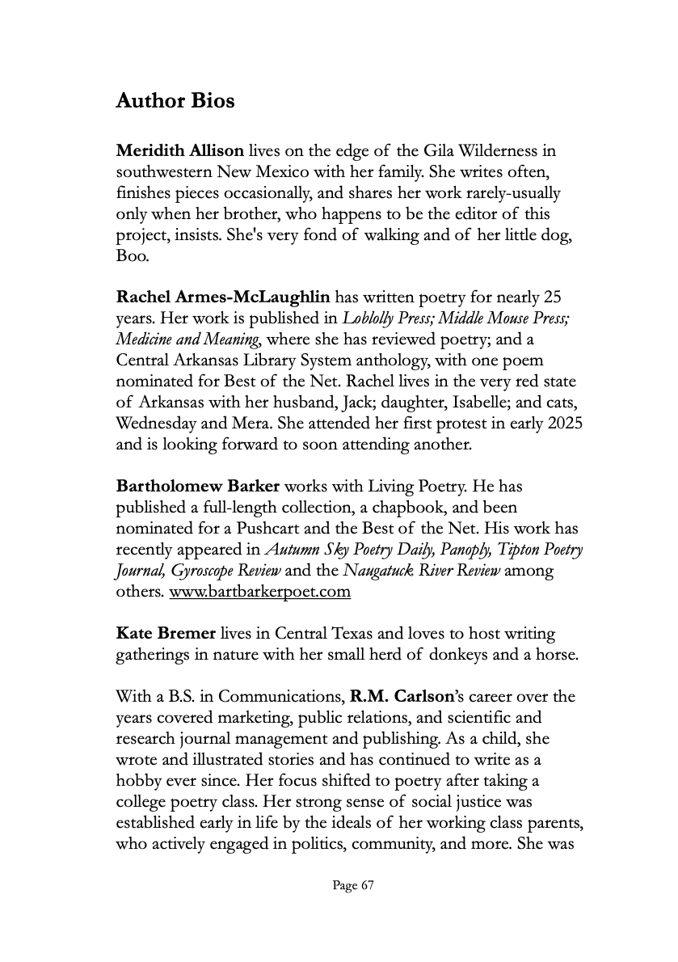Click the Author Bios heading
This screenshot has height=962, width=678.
coord(175,101)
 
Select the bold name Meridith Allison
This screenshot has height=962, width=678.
coord(180,150)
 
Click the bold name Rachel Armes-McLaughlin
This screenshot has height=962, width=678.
coord(222,297)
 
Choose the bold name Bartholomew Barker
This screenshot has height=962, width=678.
coord(198,487)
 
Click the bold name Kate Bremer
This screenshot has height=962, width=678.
coord(166,634)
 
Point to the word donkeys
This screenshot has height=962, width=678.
coord(453,655)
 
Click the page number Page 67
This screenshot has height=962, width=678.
coord(353,886)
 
